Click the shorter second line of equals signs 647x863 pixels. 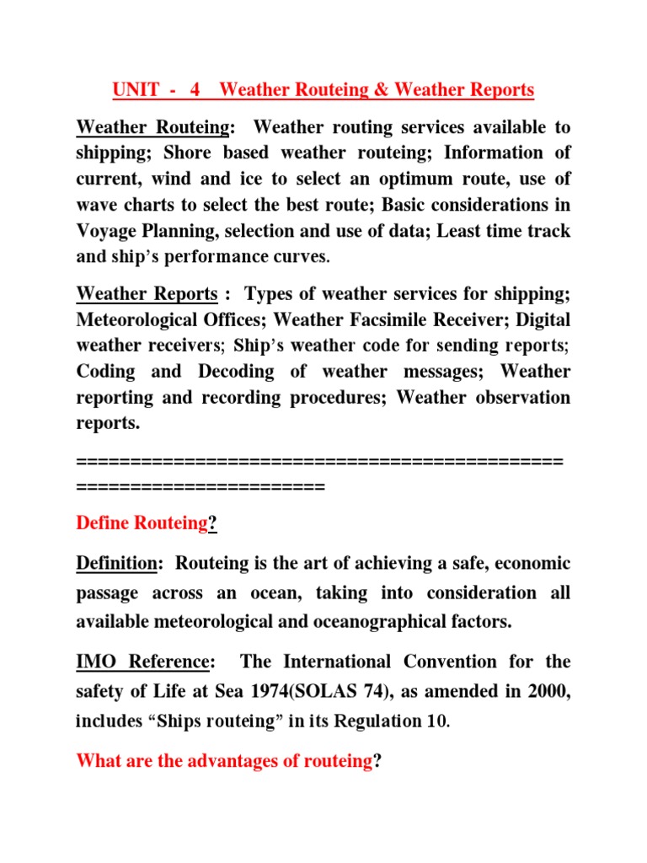point(201,485)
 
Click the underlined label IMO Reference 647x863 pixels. point(142,661)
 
